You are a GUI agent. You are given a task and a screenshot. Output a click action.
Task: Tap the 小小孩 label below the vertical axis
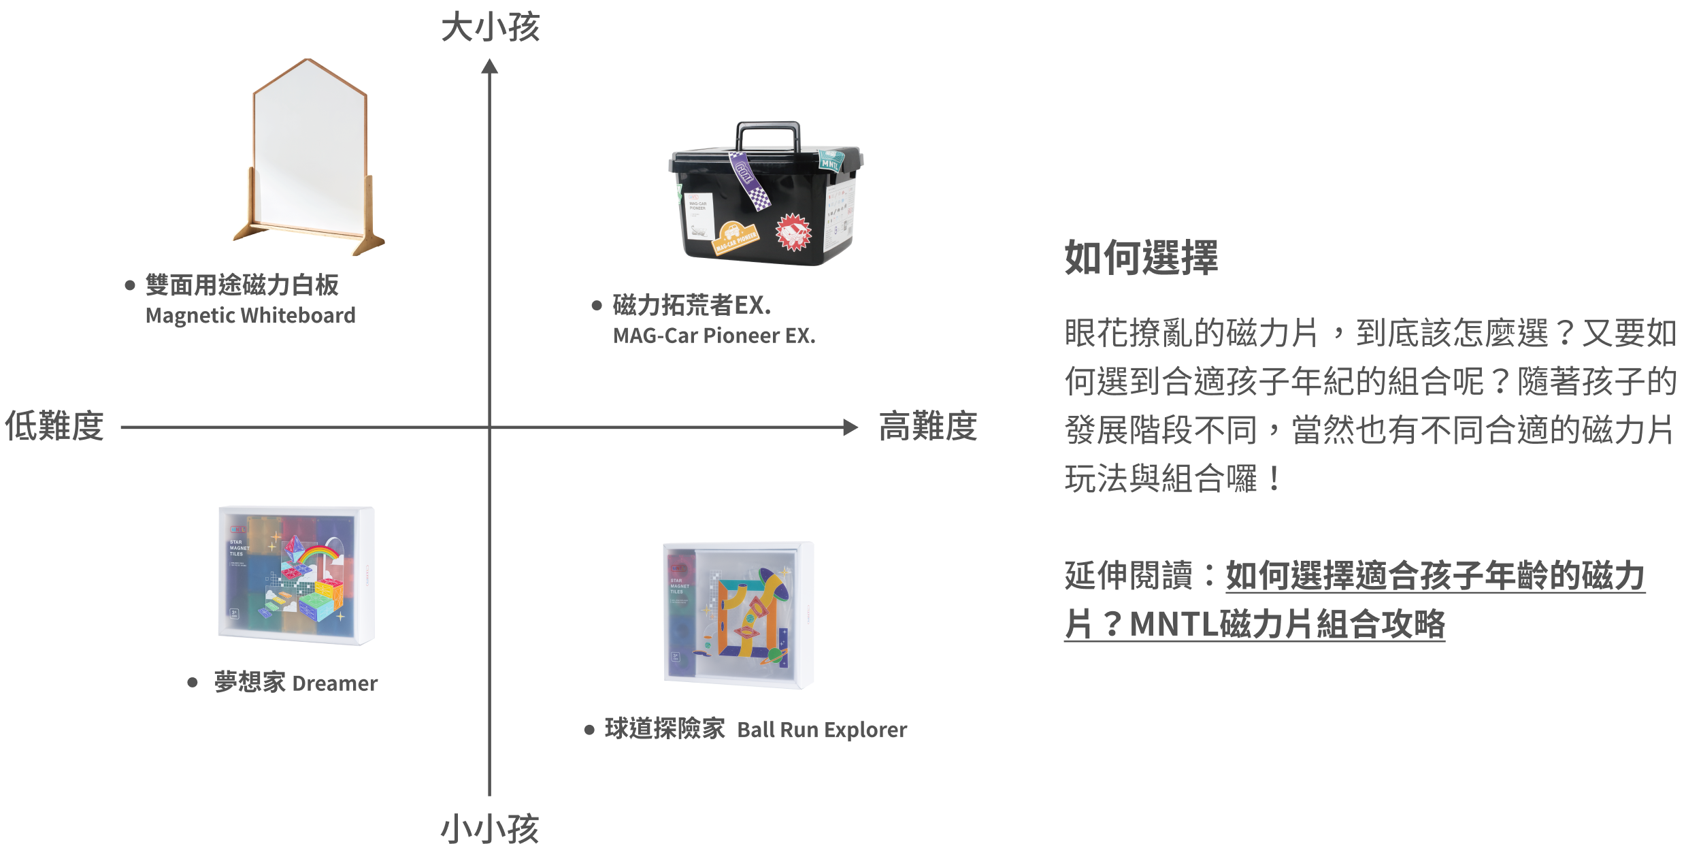click(x=490, y=828)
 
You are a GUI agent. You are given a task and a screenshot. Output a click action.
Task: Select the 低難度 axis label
click(x=54, y=427)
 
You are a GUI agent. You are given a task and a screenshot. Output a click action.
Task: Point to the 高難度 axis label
click(x=927, y=427)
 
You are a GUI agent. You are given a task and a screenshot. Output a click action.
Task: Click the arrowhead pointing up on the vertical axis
click(x=490, y=67)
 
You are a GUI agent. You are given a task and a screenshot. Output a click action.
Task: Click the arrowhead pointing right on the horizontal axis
click(x=850, y=427)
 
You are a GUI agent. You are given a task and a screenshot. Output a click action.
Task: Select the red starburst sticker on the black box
click(x=793, y=231)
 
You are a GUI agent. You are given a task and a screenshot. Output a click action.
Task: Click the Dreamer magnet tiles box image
click(x=296, y=575)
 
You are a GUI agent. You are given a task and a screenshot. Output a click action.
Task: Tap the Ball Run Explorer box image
click(x=738, y=615)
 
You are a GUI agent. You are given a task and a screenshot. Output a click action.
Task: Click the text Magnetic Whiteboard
click(x=250, y=316)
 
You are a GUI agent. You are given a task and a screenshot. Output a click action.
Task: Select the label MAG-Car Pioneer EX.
click(x=714, y=336)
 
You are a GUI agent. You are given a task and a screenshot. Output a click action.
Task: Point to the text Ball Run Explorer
click(x=822, y=730)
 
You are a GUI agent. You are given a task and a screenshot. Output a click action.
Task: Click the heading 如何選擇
click(x=1141, y=258)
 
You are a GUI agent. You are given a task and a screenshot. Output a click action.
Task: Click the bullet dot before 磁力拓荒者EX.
click(x=597, y=306)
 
